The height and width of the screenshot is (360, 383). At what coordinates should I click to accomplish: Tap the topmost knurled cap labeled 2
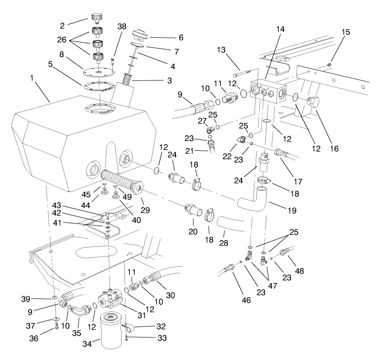[x=97, y=18]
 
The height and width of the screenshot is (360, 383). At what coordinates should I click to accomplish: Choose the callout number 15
[x=345, y=32]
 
